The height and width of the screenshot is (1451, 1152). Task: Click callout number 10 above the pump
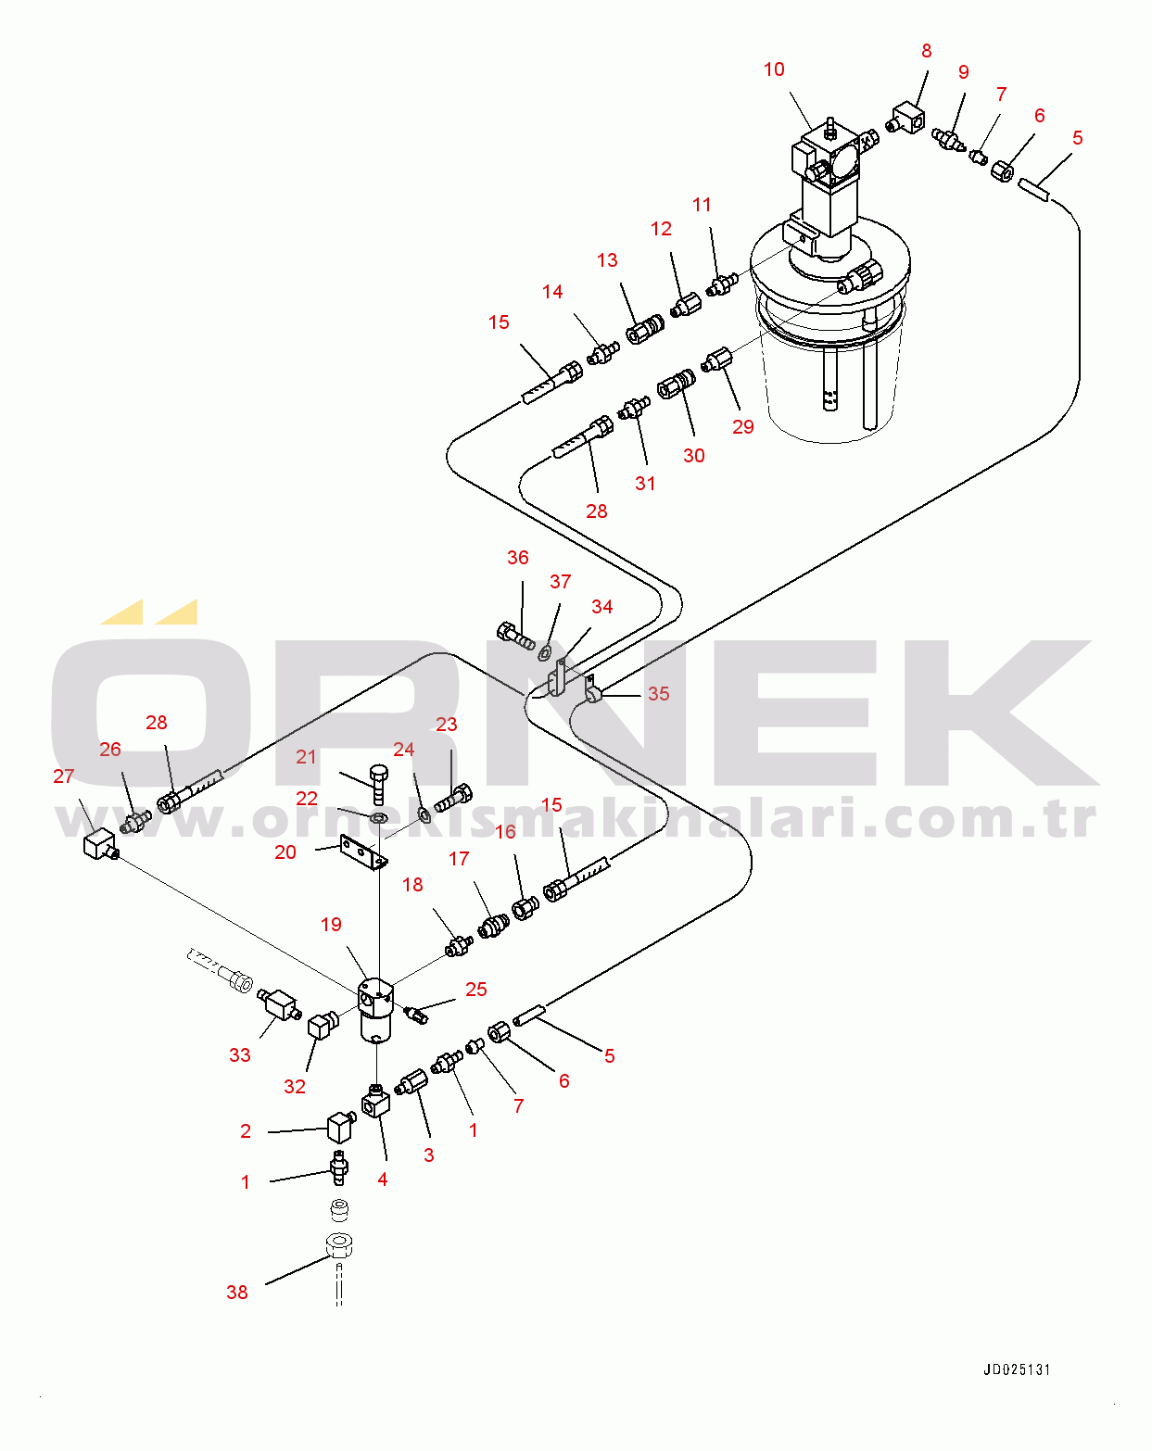tap(774, 69)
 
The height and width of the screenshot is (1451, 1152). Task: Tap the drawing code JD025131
tap(1017, 1369)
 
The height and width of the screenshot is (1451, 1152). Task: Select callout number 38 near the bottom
tap(237, 1293)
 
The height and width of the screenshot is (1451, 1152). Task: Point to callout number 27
tap(63, 776)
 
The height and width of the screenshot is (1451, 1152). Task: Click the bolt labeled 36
tap(514, 635)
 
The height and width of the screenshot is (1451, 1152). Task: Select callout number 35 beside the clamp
tap(659, 694)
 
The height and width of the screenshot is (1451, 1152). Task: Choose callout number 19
tap(331, 925)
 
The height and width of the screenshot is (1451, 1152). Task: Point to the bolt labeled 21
tap(378, 784)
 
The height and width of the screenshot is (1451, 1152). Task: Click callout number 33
tap(240, 1055)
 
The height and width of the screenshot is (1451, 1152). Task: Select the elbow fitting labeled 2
tap(340, 1127)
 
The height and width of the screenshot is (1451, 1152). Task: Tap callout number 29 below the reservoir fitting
tap(743, 427)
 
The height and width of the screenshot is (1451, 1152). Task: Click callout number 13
tap(607, 260)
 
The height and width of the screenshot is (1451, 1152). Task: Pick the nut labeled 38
tap(340, 1244)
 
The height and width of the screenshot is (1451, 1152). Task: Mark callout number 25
tap(476, 990)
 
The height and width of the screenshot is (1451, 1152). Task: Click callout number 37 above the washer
tap(561, 582)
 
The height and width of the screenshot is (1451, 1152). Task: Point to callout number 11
tap(702, 205)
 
